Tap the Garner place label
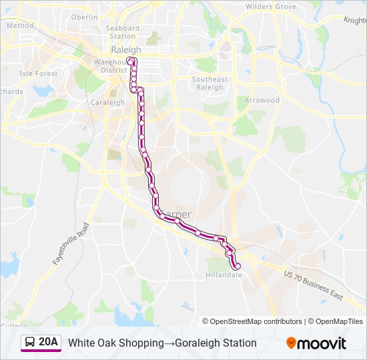click(177, 214)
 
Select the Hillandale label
click(224, 274)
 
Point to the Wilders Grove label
click(271, 7)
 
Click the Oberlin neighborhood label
click(84, 17)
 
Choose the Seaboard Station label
click(123, 32)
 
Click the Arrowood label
click(262, 100)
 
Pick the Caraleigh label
click(107, 103)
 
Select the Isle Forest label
click(39, 73)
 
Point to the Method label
click(20, 25)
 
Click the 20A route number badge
click(48, 343)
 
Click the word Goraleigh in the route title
click(198, 343)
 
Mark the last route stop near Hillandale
click(238, 267)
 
